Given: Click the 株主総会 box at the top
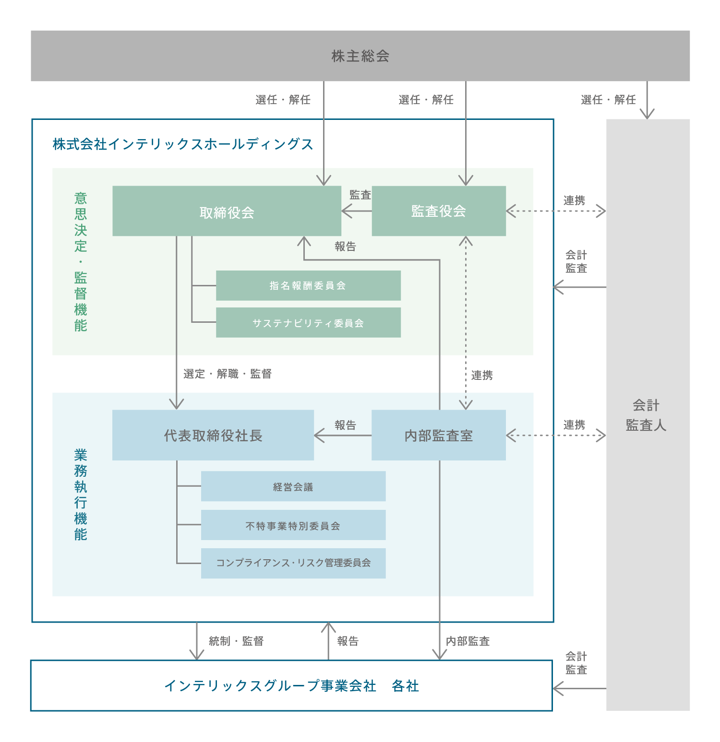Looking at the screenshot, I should tap(360, 56).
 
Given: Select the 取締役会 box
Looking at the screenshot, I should tap(227, 212).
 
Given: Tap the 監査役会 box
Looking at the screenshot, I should tap(439, 211).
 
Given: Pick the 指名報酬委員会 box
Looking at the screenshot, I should tap(308, 286).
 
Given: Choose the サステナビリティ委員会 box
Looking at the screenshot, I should tap(308, 323).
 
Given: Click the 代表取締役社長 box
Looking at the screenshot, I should tap(213, 436).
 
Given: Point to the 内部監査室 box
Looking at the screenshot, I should tap(439, 436).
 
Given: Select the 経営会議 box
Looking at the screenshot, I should tap(293, 487).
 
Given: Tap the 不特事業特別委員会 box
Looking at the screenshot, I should tap(293, 526).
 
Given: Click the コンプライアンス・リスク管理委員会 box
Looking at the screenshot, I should tap(293, 563).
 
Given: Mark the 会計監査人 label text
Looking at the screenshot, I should tap(647, 415).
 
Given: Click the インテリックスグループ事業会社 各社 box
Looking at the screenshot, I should tap(291, 686).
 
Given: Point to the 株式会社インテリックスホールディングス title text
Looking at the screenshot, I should tap(183, 144).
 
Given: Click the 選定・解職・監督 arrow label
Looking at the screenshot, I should tap(228, 374).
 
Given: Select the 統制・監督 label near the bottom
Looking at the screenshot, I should tap(236, 641).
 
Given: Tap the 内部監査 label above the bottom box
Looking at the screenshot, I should tap(468, 641).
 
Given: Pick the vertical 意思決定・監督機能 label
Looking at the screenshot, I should tap(81, 262).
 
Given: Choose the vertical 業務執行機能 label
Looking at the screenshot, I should tap(81, 495).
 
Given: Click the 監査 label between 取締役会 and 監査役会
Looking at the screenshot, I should tap(360, 195).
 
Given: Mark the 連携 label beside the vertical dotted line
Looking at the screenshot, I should tap(482, 376).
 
